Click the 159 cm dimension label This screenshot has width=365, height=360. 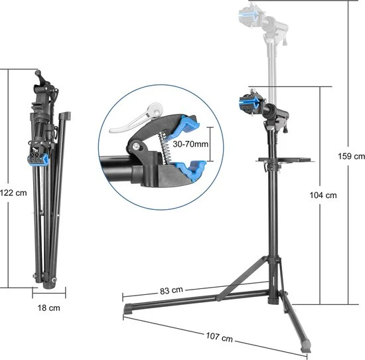[350, 156]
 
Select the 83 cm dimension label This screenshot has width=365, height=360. [171, 290]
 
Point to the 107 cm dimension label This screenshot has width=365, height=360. [219, 339]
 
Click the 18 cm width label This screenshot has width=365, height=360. [49, 308]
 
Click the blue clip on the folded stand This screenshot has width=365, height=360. [38, 157]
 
